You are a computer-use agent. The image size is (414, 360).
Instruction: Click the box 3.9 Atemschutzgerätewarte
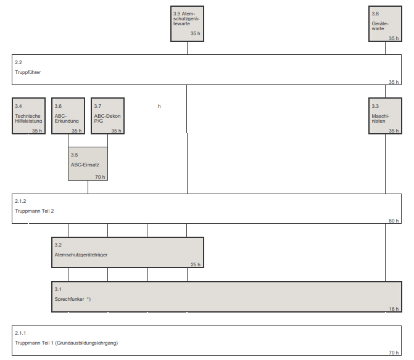click(x=187, y=23)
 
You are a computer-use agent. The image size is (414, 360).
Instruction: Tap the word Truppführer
click(x=28, y=72)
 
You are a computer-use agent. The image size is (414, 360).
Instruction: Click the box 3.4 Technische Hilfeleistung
click(x=28, y=116)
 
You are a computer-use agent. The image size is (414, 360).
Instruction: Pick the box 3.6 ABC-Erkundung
click(x=68, y=116)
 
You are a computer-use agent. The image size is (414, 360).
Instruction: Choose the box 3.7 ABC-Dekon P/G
click(x=107, y=116)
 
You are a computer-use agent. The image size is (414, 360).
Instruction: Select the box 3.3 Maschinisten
click(x=385, y=116)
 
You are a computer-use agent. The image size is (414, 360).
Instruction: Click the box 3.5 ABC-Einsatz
click(x=88, y=163)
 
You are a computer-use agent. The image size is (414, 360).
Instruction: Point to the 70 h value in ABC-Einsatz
click(x=100, y=177)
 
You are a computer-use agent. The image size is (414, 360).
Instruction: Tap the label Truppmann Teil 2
click(x=35, y=211)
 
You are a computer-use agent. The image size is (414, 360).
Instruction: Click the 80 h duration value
click(x=394, y=221)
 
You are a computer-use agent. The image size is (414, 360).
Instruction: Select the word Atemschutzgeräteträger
click(x=81, y=255)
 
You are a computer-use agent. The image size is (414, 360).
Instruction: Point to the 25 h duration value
click(x=195, y=264)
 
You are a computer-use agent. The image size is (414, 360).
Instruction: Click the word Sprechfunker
click(x=69, y=299)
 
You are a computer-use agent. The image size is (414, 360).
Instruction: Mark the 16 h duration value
click(x=394, y=309)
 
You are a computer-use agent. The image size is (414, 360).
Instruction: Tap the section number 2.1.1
click(x=20, y=333)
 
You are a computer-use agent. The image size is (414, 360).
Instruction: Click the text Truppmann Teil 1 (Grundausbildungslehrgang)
click(x=67, y=343)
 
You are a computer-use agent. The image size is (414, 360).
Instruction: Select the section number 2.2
click(x=19, y=62)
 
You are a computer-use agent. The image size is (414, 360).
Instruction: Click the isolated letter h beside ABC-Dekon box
click(x=159, y=107)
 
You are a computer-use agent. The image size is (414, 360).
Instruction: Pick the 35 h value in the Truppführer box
click(x=394, y=82)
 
